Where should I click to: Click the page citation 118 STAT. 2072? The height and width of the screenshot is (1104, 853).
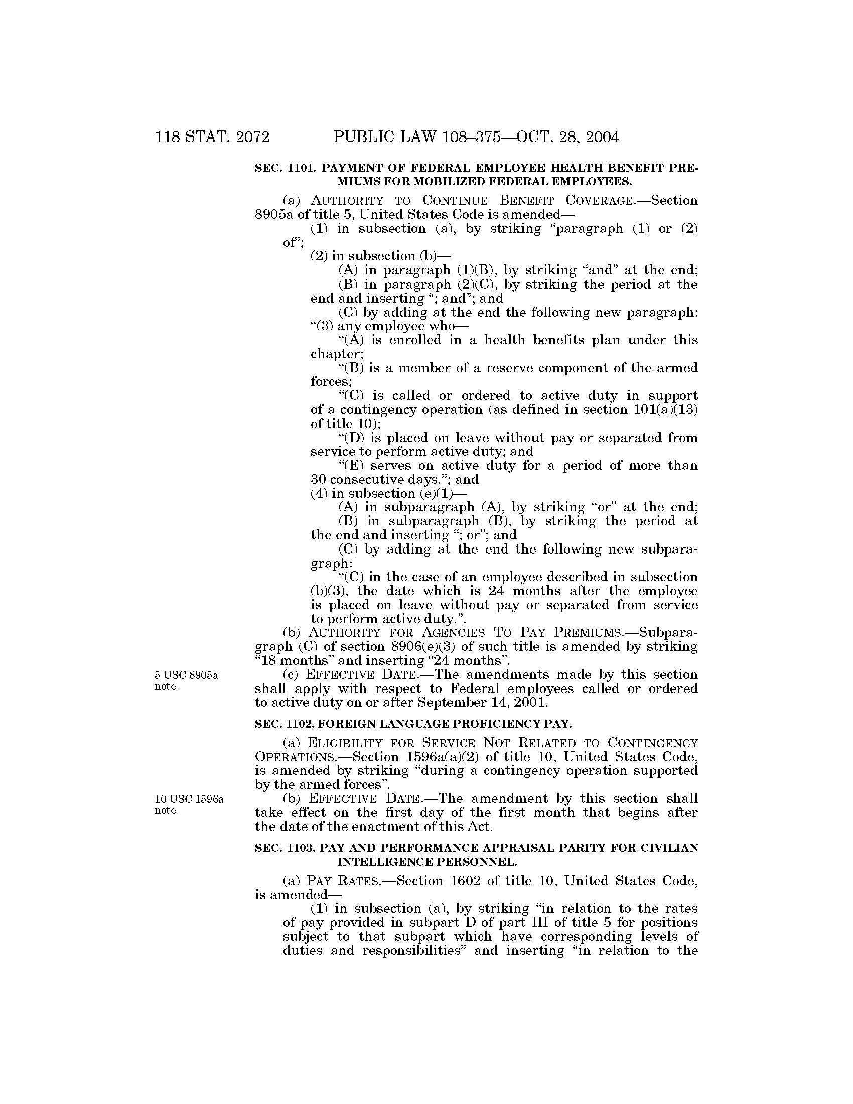[212, 137]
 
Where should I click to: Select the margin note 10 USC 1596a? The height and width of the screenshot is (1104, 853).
[189, 799]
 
